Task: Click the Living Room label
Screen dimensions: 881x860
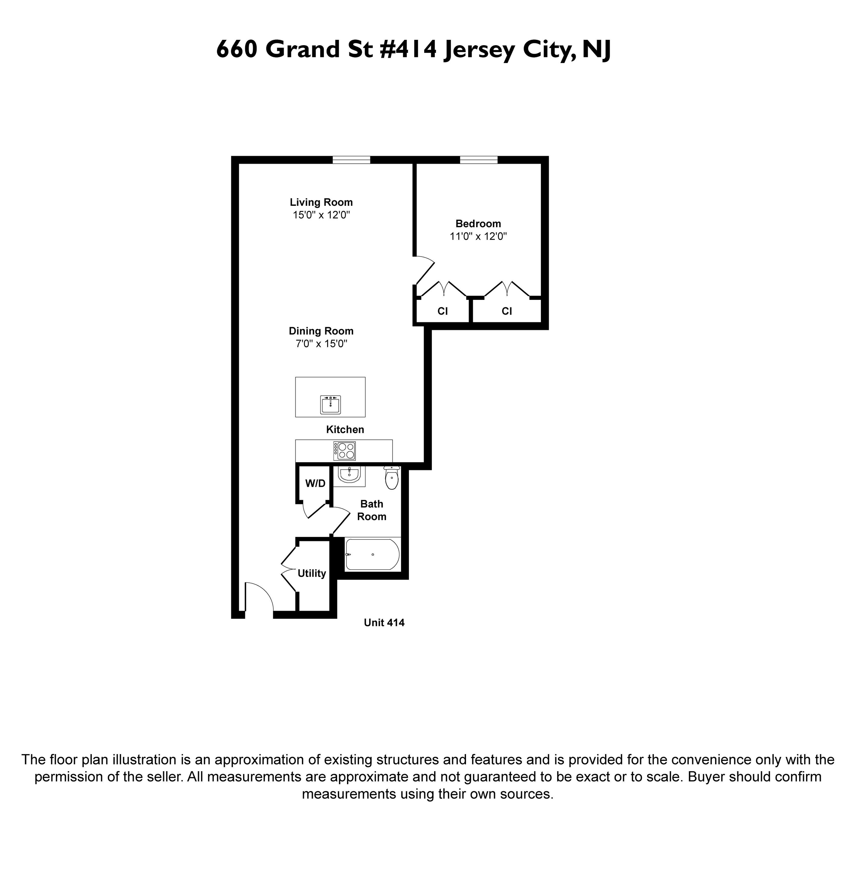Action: coord(321,202)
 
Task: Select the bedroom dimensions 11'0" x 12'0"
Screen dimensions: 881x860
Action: coord(478,236)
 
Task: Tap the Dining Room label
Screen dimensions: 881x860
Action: coord(321,331)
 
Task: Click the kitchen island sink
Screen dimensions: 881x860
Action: coord(330,404)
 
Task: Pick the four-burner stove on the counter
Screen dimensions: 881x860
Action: coord(345,450)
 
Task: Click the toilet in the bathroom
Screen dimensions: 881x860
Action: coord(392,478)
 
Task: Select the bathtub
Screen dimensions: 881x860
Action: coord(372,554)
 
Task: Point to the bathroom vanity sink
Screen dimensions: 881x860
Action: coord(349,475)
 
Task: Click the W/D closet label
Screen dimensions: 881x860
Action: coord(315,483)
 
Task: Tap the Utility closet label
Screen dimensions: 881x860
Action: coord(312,573)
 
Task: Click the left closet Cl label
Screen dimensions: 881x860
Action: coord(443,311)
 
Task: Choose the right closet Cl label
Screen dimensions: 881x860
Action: coord(507,311)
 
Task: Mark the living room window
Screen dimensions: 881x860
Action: coord(351,159)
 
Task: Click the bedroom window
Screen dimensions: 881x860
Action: coord(479,159)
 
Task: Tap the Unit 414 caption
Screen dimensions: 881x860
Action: coord(384,623)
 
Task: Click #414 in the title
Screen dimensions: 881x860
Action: coord(408,49)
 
